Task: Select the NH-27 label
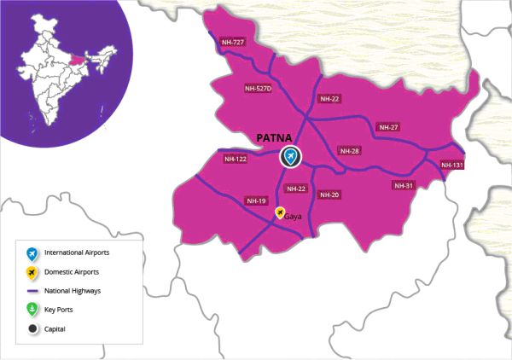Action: pyautogui.click(x=388, y=127)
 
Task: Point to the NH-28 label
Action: pyautogui.click(x=350, y=151)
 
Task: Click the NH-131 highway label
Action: pyautogui.click(x=452, y=165)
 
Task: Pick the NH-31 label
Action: pyautogui.click(x=404, y=185)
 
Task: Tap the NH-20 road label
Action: pyautogui.click(x=329, y=195)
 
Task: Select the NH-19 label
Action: pyautogui.click(x=256, y=200)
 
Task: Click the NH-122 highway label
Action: pyautogui.click(x=236, y=159)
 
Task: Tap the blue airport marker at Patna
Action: pyautogui.click(x=291, y=156)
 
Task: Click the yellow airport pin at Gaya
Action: pyautogui.click(x=279, y=214)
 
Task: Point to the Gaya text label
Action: pyautogui.click(x=294, y=218)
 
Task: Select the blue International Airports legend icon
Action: pyautogui.click(x=32, y=253)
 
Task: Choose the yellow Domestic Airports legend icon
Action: pyautogui.click(x=32, y=272)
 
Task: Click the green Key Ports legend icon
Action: pyautogui.click(x=32, y=310)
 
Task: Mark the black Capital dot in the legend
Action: pyautogui.click(x=32, y=328)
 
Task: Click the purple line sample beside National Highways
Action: pyautogui.click(x=32, y=291)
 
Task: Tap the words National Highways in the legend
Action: pyautogui.click(x=73, y=291)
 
